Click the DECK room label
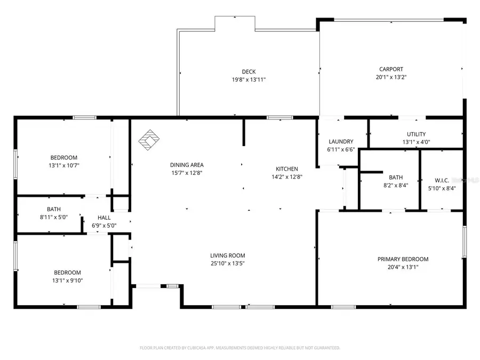click(249, 71)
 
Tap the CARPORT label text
click(391, 69)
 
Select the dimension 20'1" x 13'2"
click(391, 77)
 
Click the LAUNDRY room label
click(341, 141)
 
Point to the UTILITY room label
click(416, 134)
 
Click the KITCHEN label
click(287, 169)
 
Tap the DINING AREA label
click(187, 165)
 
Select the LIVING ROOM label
click(228, 255)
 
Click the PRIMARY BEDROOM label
click(403, 259)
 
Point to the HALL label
click(104, 218)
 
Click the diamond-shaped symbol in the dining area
click(149, 140)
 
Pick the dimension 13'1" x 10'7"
click(64, 165)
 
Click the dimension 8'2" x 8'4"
click(396, 186)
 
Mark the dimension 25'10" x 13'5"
click(228, 263)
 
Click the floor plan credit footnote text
click(239, 348)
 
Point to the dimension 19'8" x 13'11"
click(249, 79)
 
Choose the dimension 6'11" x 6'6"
click(341, 149)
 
